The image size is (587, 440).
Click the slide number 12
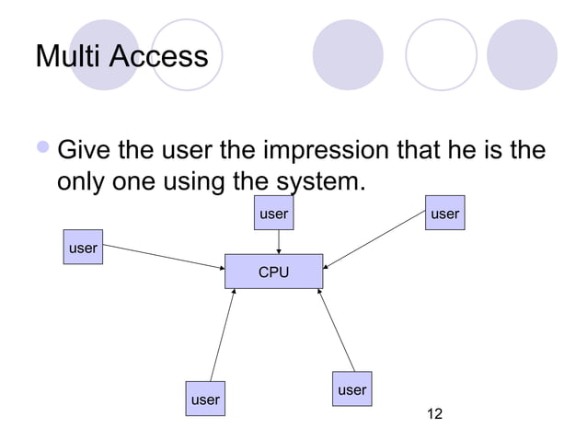(430, 415)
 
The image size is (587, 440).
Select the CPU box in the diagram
(273, 272)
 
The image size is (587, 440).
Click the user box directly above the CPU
(273, 214)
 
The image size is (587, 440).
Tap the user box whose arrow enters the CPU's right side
(444, 214)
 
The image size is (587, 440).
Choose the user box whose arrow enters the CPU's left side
(83, 248)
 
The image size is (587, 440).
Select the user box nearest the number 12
(351, 390)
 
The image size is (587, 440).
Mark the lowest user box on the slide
(204, 399)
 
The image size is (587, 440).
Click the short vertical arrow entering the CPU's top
(279, 242)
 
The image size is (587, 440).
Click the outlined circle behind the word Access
(187, 55)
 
